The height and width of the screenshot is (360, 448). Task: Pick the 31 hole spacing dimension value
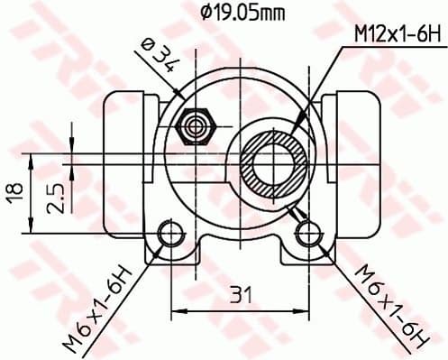[x=237, y=293]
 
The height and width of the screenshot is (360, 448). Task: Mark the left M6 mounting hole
[x=167, y=235]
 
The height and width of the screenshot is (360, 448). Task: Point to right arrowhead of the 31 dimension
[x=303, y=311]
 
